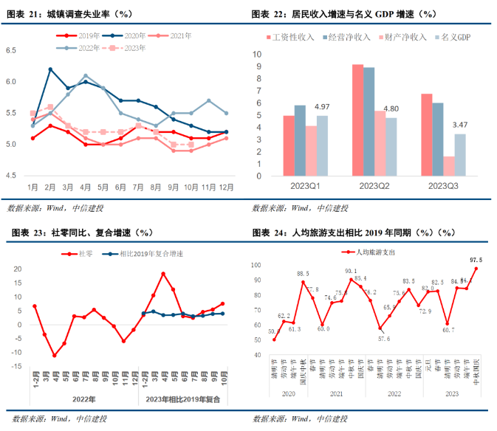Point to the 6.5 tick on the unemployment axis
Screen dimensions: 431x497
(13, 50)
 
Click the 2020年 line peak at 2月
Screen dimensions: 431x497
(50, 69)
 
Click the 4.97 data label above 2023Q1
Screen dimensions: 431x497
(321, 108)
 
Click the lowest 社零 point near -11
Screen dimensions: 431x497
(54, 356)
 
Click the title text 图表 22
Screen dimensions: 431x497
(269, 14)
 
